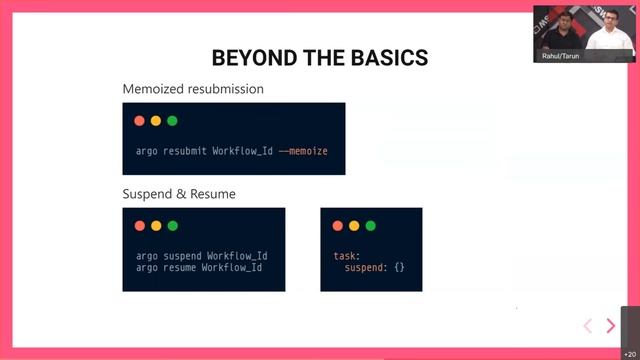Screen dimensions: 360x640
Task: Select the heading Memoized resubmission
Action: [x=193, y=89]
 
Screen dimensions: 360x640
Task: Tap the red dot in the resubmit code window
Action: [x=140, y=121]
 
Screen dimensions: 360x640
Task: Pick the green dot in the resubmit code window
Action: [x=172, y=121]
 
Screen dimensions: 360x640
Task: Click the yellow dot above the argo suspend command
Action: [x=156, y=226]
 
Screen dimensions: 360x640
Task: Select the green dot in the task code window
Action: [x=370, y=226]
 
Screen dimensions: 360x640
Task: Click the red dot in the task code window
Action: [x=338, y=226]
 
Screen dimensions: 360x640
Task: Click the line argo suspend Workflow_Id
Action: [x=201, y=256]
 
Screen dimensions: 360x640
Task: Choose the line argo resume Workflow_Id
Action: [x=199, y=268]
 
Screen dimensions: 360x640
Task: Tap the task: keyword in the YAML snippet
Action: [x=345, y=256]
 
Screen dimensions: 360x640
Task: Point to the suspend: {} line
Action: [x=375, y=268]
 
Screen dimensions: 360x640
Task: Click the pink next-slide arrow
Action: [x=611, y=326]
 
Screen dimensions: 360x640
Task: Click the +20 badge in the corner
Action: [x=629, y=353]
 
